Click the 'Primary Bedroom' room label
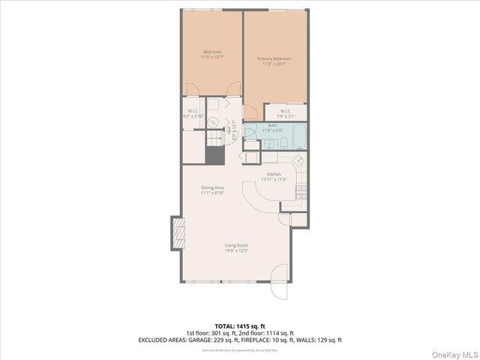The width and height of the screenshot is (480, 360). point(274,58)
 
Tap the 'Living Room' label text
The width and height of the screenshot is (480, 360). point(237,245)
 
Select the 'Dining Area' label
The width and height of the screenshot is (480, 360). point(212,187)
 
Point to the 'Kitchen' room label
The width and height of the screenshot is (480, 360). point(273,174)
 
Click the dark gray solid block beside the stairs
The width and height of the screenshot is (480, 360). point(214,154)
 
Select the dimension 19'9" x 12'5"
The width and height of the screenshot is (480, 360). point(237,250)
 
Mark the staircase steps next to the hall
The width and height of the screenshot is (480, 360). point(214,139)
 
